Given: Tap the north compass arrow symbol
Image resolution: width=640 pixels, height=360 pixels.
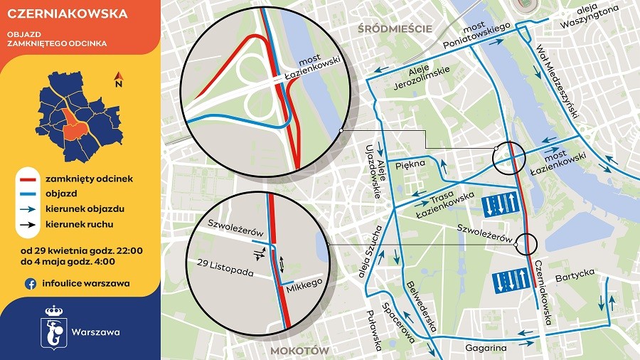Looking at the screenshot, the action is [x=118, y=78].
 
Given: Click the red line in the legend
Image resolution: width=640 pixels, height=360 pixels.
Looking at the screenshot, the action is [x=28, y=179].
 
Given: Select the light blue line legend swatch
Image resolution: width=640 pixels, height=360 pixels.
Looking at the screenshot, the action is [x=28, y=194].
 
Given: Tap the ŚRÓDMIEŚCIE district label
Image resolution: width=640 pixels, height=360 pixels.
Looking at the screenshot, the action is [x=396, y=28].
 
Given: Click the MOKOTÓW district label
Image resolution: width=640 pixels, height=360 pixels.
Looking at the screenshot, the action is [x=299, y=351].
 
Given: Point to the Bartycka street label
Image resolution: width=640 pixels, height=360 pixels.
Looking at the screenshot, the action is [x=575, y=274].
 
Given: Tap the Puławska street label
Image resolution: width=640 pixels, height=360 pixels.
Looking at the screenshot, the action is [x=370, y=330].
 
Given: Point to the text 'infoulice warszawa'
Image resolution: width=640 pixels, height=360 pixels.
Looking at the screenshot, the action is [x=85, y=283].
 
